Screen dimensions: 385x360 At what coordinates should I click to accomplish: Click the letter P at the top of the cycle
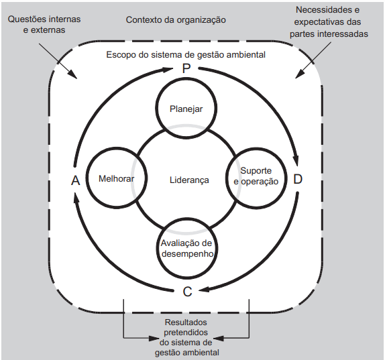pos(186,68)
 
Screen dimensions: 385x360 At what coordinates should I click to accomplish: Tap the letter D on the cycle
pos(298,179)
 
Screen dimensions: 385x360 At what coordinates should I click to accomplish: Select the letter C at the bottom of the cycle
pos(187,292)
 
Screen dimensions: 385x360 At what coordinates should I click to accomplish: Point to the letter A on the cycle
pos(76,180)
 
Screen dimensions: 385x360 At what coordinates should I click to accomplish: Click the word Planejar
pos(186,109)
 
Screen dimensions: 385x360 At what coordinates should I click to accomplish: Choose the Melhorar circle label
pos(116,178)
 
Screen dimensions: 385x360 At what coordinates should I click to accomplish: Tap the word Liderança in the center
pos(189,180)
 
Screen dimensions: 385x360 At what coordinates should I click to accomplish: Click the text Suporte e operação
pos(256,176)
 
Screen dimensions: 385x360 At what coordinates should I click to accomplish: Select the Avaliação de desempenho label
pos(186,248)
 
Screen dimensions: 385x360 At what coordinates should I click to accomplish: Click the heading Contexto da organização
pos(176,20)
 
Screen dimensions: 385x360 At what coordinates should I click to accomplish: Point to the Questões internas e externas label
pos(44,24)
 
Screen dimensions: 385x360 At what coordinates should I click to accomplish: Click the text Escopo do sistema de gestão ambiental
pos(186,54)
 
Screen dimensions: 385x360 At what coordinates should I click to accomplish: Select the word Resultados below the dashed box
pos(186,322)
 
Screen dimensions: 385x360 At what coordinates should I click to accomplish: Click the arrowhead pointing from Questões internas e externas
pos(73,74)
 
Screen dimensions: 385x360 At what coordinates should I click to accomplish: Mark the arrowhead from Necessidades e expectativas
pos(299,74)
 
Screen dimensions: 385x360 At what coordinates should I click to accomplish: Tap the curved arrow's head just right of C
pos(205,289)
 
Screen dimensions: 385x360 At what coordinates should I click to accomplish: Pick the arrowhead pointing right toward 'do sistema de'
pos(154,339)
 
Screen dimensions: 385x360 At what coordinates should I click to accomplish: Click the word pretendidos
pos(186,333)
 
